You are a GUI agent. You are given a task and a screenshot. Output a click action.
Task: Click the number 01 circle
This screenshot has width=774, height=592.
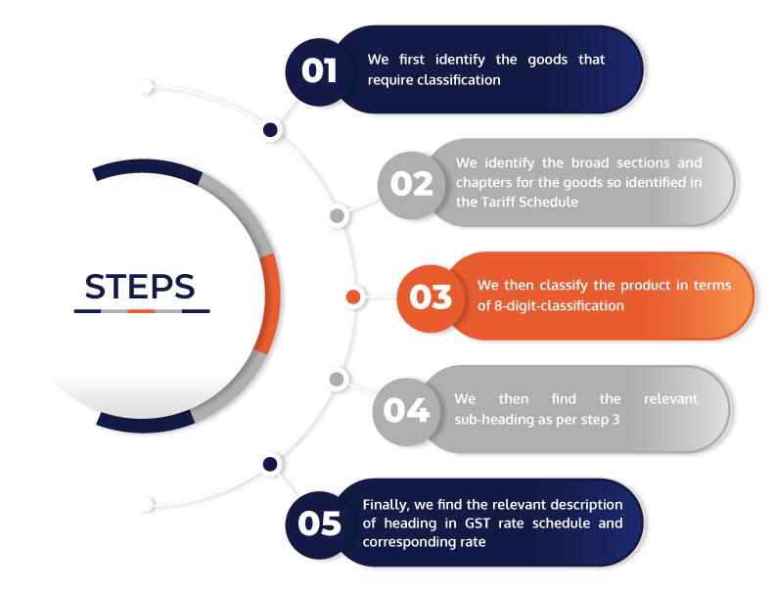tap(319, 72)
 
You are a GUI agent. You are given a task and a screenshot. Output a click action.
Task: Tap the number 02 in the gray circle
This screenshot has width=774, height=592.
tap(412, 184)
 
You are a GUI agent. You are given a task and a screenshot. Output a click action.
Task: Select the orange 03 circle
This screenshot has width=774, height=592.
tap(431, 297)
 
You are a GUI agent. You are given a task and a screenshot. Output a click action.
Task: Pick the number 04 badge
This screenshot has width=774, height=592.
tap(406, 411)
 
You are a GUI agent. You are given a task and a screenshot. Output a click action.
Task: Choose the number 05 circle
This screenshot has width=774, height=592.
tap(319, 524)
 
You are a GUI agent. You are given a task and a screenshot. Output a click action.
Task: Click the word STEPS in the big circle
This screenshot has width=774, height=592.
tap(140, 287)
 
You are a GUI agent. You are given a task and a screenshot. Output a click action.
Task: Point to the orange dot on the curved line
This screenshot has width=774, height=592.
tap(353, 296)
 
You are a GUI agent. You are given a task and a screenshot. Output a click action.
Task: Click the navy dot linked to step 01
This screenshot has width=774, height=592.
tap(270, 130)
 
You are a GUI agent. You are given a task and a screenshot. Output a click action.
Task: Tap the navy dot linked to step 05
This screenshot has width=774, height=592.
tap(270, 464)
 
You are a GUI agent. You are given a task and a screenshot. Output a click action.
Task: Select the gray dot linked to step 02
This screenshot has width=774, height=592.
tap(338, 216)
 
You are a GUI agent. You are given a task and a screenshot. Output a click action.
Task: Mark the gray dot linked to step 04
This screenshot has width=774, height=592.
tap(337, 380)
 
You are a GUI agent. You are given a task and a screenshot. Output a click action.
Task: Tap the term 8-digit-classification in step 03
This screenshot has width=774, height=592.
tap(559, 305)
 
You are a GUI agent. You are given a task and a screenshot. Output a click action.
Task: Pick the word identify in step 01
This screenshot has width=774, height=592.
tap(460, 61)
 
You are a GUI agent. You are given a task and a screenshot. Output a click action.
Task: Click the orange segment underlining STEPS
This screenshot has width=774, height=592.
tap(142, 311)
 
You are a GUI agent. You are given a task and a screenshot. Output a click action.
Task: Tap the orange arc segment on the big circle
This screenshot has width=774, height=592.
tap(270, 303)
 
